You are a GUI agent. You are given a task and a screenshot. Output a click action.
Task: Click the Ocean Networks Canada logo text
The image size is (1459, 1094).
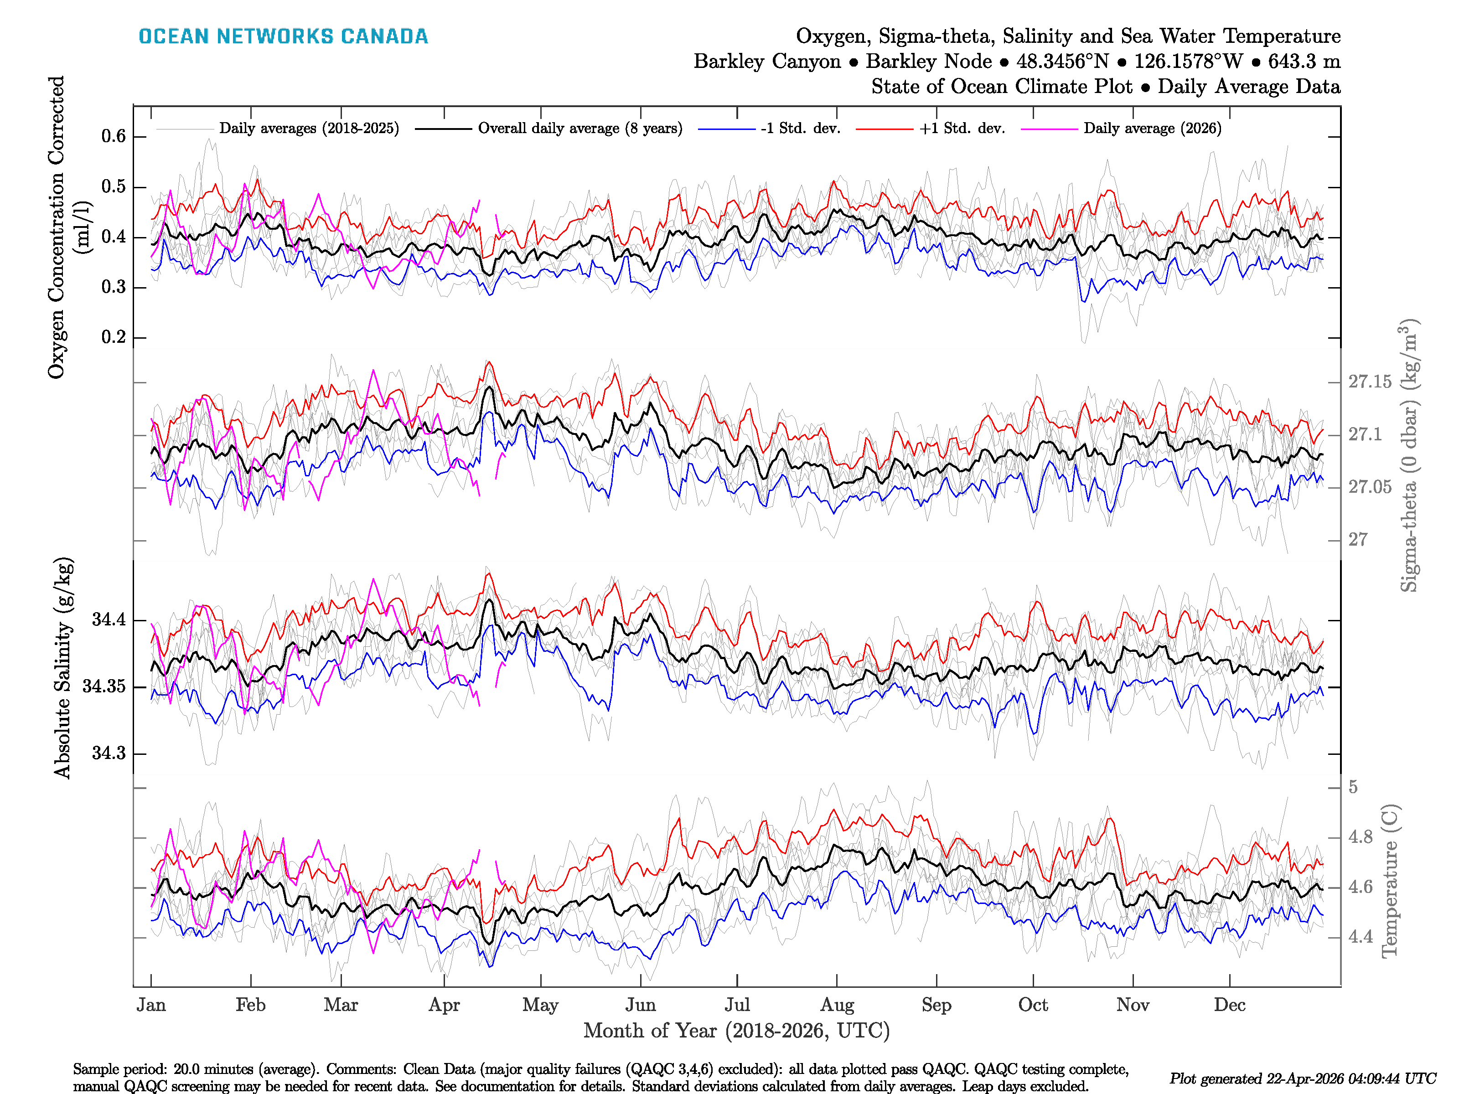click(x=283, y=36)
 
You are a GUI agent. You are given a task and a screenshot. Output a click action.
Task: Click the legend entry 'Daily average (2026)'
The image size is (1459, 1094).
click(x=1152, y=129)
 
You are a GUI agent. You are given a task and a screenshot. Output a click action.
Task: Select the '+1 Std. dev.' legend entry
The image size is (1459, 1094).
click(x=962, y=129)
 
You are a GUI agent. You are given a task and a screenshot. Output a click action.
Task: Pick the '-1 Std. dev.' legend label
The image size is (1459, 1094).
click(x=800, y=129)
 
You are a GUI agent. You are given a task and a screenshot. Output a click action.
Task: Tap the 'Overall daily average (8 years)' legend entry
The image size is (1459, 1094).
click(x=580, y=129)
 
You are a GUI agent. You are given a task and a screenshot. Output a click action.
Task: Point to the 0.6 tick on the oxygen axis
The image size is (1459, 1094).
click(x=114, y=136)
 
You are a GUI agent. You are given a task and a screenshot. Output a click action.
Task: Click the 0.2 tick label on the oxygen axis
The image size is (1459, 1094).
click(x=114, y=337)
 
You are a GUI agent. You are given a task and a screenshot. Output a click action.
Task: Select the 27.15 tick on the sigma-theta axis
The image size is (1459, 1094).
click(x=1369, y=382)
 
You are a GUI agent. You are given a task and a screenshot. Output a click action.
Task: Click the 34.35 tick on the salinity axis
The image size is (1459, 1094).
click(x=103, y=686)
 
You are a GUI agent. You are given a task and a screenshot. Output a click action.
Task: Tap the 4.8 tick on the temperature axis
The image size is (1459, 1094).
click(x=1360, y=837)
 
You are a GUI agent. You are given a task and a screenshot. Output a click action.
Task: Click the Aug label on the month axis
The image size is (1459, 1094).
click(x=837, y=1005)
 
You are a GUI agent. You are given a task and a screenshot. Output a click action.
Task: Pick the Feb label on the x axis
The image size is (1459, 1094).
click(x=251, y=1005)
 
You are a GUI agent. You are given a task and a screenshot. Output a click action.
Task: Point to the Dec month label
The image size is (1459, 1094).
click(x=1230, y=1005)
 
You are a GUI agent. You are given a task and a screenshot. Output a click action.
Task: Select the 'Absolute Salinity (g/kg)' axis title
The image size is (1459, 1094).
click(x=62, y=668)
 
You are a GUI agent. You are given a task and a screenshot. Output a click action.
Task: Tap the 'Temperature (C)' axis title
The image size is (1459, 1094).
click(x=1389, y=880)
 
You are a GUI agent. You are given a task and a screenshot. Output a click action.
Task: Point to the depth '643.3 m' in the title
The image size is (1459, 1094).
click(x=1304, y=62)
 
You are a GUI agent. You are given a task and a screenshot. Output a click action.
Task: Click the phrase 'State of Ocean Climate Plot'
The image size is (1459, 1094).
click(x=1001, y=87)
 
